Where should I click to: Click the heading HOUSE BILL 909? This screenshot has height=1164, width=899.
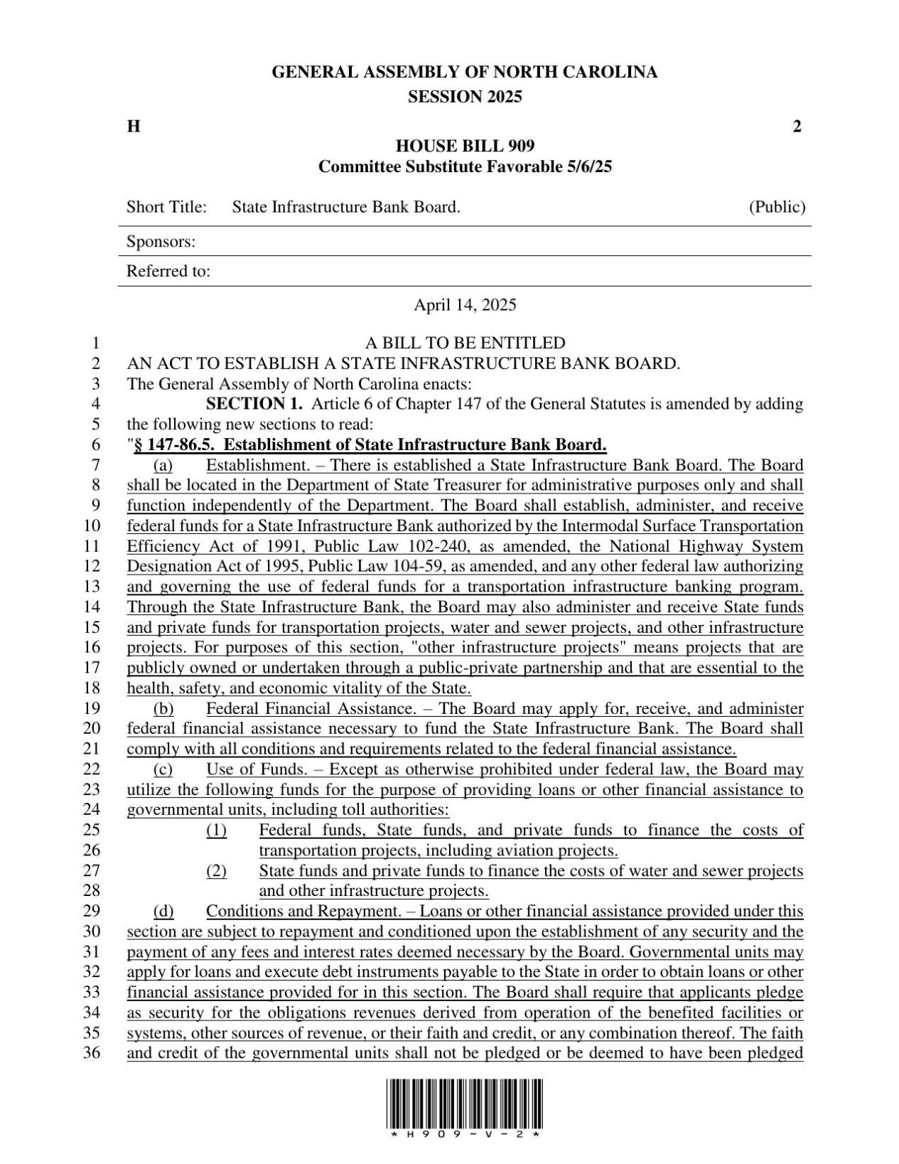[x=465, y=146]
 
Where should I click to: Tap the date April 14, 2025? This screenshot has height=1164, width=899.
[x=465, y=305]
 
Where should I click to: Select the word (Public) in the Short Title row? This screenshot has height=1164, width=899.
[x=777, y=207]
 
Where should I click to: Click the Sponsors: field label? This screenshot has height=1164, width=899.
[x=161, y=242]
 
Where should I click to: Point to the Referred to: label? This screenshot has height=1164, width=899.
[x=168, y=271]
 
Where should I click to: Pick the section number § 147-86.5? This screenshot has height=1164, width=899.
[x=173, y=445]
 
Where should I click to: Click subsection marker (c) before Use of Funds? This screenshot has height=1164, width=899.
[x=163, y=769]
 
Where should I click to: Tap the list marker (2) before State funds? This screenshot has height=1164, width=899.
[x=216, y=871]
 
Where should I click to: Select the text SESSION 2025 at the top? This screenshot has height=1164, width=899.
[x=465, y=97]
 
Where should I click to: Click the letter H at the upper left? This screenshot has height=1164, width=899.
[x=133, y=127]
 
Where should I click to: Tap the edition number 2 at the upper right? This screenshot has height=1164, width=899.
[x=797, y=127]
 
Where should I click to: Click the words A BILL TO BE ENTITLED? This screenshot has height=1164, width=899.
[x=465, y=343]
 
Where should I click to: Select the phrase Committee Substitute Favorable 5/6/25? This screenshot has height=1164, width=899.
[x=465, y=167]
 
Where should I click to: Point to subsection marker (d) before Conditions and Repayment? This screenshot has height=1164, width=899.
[x=163, y=912]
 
